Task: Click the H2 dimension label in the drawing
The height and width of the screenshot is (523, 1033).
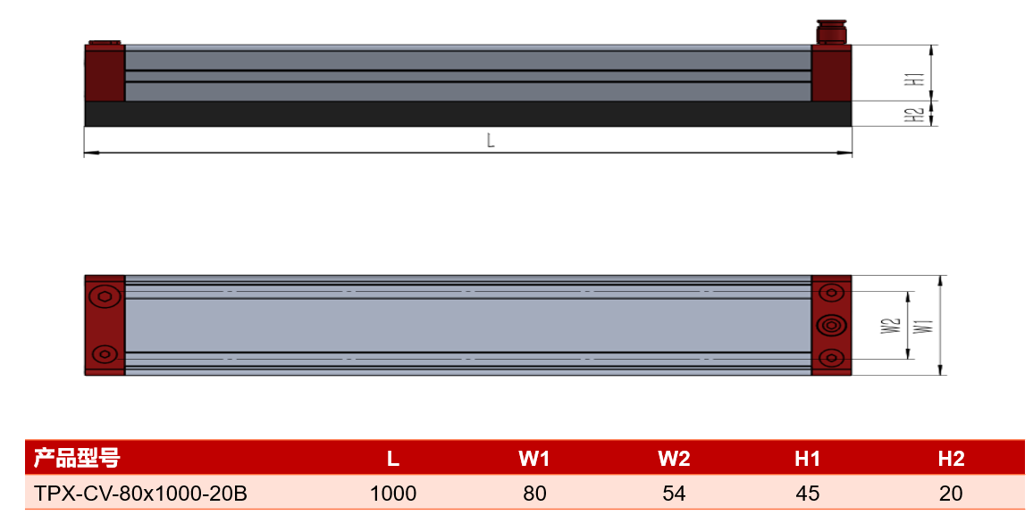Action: [915, 115]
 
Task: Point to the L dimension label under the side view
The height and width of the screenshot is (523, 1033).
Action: [491, 140]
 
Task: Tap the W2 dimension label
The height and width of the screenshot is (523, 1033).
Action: [891, 326]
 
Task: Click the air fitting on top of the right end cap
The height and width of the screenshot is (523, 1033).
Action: [831, 31]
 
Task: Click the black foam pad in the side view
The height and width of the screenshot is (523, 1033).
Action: [467, 113]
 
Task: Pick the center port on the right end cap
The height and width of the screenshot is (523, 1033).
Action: [831, 325]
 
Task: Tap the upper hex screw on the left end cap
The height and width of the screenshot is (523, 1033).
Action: [104, 296]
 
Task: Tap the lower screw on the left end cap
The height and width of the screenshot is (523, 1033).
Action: [104, 354]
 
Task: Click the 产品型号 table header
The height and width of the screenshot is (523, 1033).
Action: [77, 458]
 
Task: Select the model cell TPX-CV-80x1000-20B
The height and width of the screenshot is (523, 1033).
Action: [140, 494]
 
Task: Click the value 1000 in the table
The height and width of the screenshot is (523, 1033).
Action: [393, 494]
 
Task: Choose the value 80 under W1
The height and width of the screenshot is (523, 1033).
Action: [534, 494]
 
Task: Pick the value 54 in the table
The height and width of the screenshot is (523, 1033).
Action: [674, 494]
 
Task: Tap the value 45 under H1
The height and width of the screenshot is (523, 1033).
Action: [808, 494]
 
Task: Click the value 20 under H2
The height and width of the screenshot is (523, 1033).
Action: [951, 494]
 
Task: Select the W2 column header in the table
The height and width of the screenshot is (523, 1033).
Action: [674, 459]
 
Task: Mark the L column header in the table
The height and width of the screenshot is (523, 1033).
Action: [393, 459]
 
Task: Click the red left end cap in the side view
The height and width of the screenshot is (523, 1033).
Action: [105, 72]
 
